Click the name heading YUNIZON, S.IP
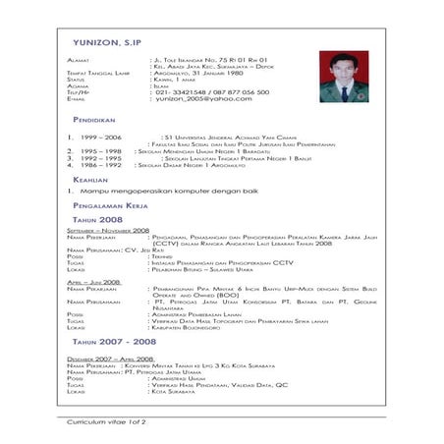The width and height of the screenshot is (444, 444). point(105,44)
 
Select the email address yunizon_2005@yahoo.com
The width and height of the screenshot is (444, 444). point(203,98)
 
